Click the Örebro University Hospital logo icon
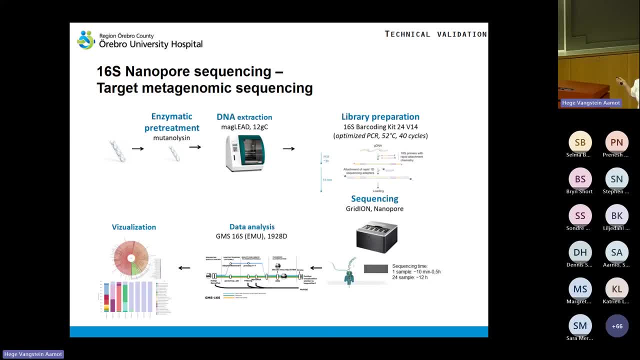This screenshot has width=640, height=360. coord(86,40)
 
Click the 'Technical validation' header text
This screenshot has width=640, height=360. coord(435,34)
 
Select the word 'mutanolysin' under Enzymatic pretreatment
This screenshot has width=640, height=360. coord(171,137)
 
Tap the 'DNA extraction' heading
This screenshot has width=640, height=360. coord(244,117)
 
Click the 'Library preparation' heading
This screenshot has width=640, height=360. coord(380,117)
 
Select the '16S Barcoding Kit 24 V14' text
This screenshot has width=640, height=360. coord(380,127)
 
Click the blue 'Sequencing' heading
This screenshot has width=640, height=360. coord(374,199)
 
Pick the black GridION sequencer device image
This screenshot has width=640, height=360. coord(376,236)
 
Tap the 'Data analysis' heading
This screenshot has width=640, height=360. coord(251,227)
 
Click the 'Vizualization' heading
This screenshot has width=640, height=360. coord(133,227)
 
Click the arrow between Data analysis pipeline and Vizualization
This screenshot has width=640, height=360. coord(184,267)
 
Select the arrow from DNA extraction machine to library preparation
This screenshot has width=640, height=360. coord(288,148)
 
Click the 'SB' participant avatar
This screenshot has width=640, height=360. coord(580,142)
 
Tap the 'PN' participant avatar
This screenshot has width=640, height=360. coord(616,142)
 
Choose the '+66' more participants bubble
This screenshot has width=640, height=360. coord(616,326)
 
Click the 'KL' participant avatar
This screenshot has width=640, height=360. coord(616,289)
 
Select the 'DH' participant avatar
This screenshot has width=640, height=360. coord(580,252)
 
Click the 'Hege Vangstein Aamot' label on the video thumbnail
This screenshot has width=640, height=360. coord(590,103)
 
